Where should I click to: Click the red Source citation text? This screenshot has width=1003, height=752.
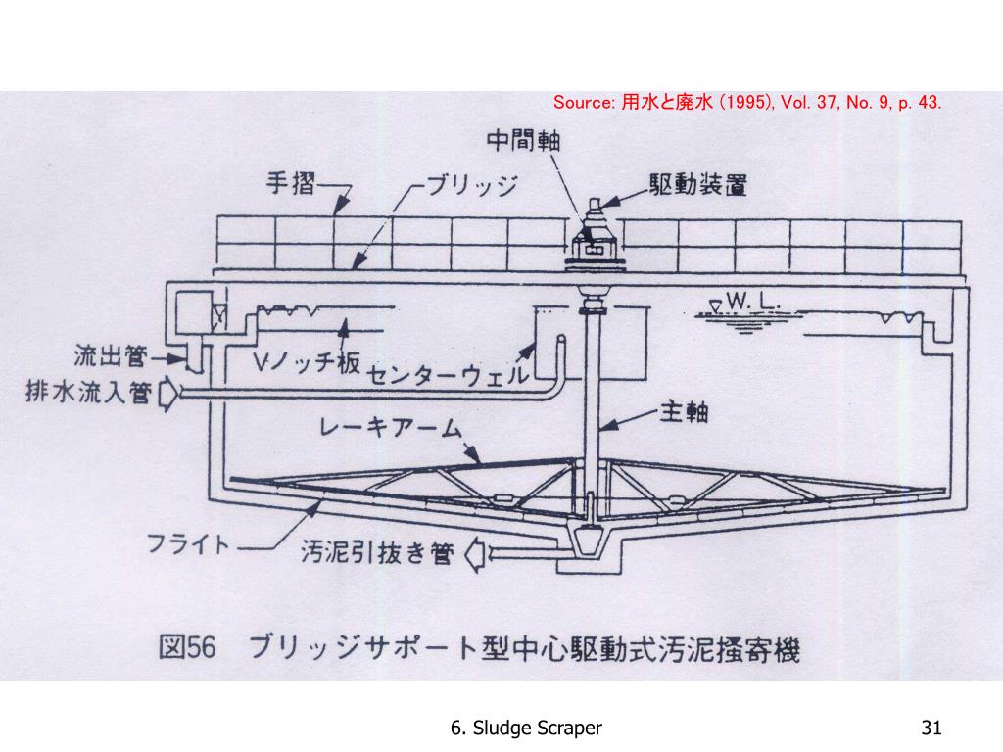coord(747,102)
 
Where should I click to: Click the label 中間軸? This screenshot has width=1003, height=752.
coord(523,139)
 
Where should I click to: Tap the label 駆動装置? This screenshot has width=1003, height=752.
coord(697,185)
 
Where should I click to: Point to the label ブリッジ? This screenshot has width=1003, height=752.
coord(471,185)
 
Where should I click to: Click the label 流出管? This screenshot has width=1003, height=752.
coord(110,356)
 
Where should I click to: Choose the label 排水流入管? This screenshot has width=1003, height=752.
coord(88,392)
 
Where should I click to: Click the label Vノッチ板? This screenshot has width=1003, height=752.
coord(306,362)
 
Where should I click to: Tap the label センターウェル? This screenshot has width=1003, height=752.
coord(447,375)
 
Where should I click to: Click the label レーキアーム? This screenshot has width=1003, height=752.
coord(390,427)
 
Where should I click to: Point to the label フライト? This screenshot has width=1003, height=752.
coord(188,543)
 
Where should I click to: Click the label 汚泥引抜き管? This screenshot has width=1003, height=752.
coord(377,552)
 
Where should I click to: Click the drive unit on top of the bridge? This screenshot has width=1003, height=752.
coord(593,238)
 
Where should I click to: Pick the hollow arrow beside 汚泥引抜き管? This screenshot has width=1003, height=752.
coord(474,554)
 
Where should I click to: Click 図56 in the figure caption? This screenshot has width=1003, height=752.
coord(187,648)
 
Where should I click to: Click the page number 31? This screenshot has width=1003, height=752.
coord(931,728)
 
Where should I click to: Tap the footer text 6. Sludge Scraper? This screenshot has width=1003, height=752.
coord(526,728)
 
